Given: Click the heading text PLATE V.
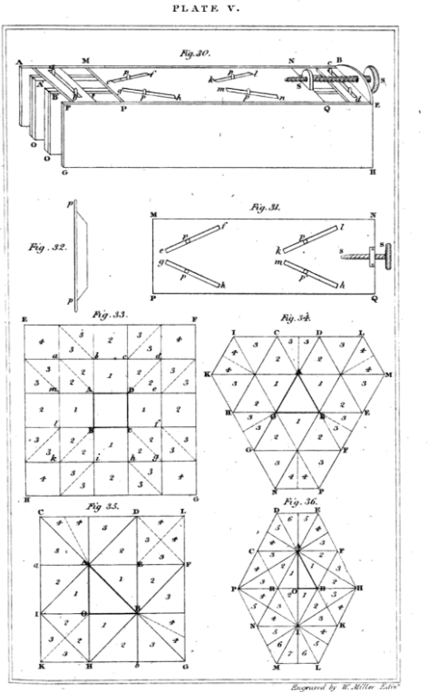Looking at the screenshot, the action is click(218, 10).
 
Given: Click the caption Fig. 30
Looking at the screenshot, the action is click(194, 54).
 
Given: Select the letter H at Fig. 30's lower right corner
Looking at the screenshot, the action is click(375, 172).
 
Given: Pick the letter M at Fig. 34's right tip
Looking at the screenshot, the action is click(388, 374).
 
